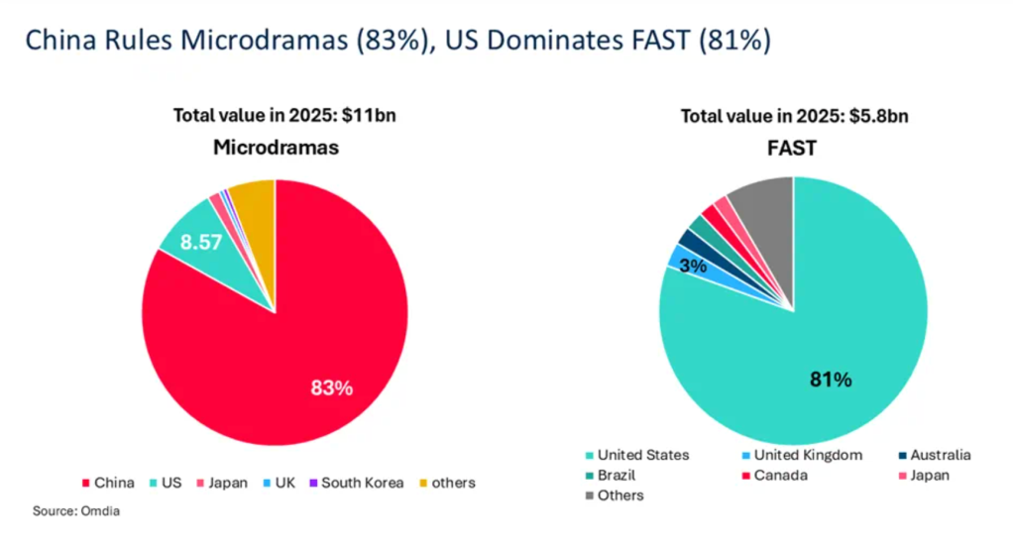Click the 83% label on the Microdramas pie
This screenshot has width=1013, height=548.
click(331, 387)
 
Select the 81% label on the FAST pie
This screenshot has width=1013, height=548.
click(831, 379)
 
